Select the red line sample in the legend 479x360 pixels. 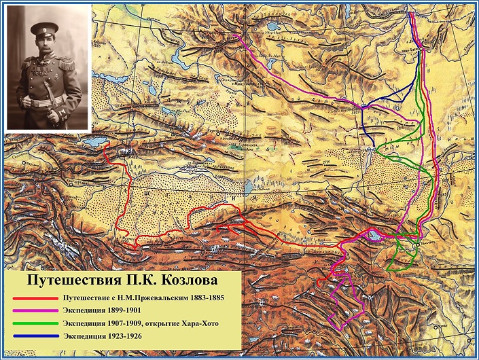tap(34, 298)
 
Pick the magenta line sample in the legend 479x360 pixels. tap(34, 310)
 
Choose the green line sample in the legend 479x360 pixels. tap(34, 323)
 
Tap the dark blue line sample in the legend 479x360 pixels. tap(34, 336)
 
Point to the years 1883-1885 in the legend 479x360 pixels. tap(201, 298)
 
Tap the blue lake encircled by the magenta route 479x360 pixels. tap(376, 236)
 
